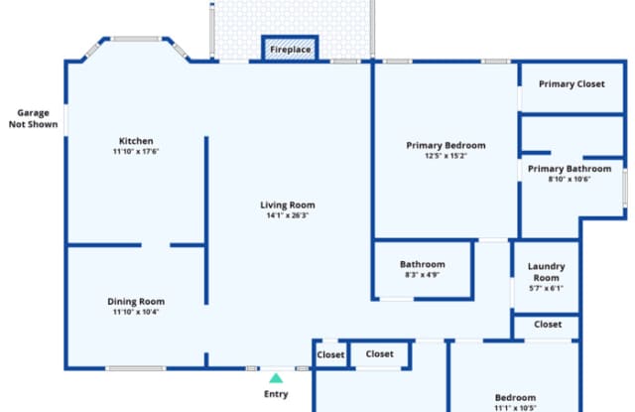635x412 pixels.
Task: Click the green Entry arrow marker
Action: [276, 378]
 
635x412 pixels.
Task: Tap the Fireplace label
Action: [291, 50]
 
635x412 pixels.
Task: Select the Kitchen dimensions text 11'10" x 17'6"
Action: [136, 152]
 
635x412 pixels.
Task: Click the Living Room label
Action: [288, 205]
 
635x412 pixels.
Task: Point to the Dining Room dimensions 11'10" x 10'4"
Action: [136, 312]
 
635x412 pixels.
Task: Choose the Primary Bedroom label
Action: [445, 145]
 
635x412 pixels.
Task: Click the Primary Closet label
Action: [571, 84]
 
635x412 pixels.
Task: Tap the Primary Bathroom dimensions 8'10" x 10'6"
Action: [570, 179]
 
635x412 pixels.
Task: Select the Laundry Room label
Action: [547, 272]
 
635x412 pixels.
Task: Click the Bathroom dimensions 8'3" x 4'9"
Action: [423, 275]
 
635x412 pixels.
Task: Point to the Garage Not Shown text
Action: [33, 119]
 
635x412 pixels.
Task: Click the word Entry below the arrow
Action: [276, 394]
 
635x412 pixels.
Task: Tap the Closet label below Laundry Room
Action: [548, 325]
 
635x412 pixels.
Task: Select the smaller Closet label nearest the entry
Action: [330, 354]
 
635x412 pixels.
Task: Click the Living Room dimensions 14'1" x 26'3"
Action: [288, 215]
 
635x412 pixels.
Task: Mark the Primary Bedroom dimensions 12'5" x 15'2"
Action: [445, 156]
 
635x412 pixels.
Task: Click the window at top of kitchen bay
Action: [136, 39]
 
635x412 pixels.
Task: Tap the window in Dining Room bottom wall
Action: [136, 368]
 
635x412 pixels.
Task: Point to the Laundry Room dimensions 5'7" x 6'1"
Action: [547, 289]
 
